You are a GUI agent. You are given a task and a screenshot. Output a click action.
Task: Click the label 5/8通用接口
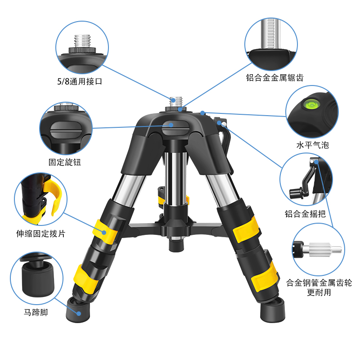pyautogui.click(x=82, y=82)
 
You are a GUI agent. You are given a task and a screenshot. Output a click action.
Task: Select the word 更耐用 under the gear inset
pyautogui.click(x=319, y=292)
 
